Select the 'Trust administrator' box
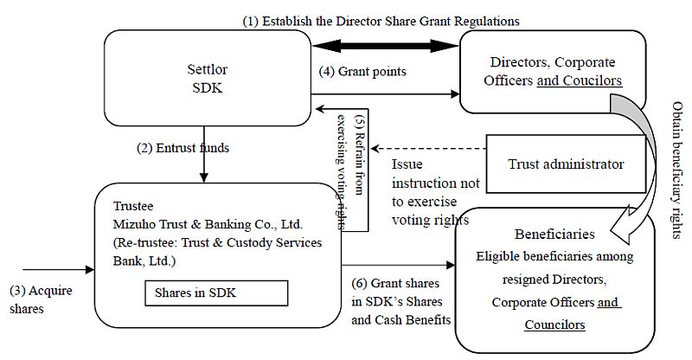(x=565, y=163)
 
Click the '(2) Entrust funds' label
(x=183, y=147)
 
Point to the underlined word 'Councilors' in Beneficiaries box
(x=554, y=325)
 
